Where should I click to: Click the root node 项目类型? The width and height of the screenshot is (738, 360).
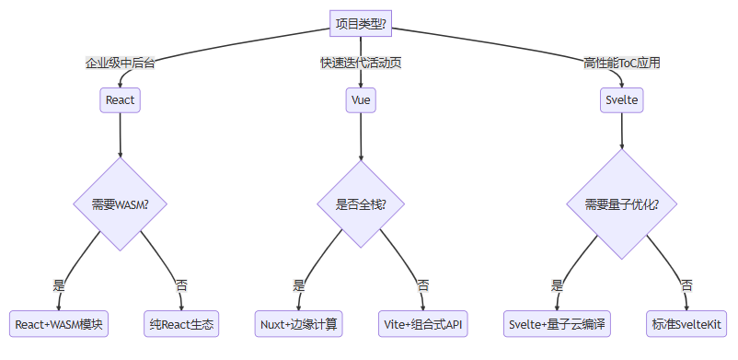tap(361, 24)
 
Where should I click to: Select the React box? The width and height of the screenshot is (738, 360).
tap(121, 99)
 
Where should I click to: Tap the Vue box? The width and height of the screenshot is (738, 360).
tap(361, 99)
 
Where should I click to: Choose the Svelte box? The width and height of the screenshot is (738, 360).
tap(622, 99)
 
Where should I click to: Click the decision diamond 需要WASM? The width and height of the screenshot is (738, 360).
tap(121, 203)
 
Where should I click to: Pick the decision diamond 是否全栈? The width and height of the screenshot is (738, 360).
tap(361, 203)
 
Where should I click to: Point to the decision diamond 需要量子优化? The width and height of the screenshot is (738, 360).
tap(622, 203)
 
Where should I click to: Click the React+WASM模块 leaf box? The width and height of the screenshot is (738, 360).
tap(60, 324)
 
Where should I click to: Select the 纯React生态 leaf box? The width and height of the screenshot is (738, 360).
tap(181, 324)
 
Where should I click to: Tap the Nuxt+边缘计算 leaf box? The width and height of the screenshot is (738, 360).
tap(299, 324)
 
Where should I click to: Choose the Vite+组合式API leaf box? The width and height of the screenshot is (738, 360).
tap(424, 324)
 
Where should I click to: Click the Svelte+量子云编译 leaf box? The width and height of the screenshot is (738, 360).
tap(557, 324)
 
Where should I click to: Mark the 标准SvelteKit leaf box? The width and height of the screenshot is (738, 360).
tap(686, 324)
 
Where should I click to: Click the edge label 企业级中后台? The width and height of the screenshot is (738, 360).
tap(121, 64)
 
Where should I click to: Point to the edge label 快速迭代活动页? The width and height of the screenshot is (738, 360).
tap(361, 64)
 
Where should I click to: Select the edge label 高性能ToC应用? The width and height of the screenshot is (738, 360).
tap(622, 64)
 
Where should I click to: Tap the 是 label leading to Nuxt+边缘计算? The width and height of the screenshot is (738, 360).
tap(299, 285)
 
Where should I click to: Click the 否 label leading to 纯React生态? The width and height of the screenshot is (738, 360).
tap(181, 285)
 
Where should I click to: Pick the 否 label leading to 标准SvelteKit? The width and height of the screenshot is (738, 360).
tap(686, 285)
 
